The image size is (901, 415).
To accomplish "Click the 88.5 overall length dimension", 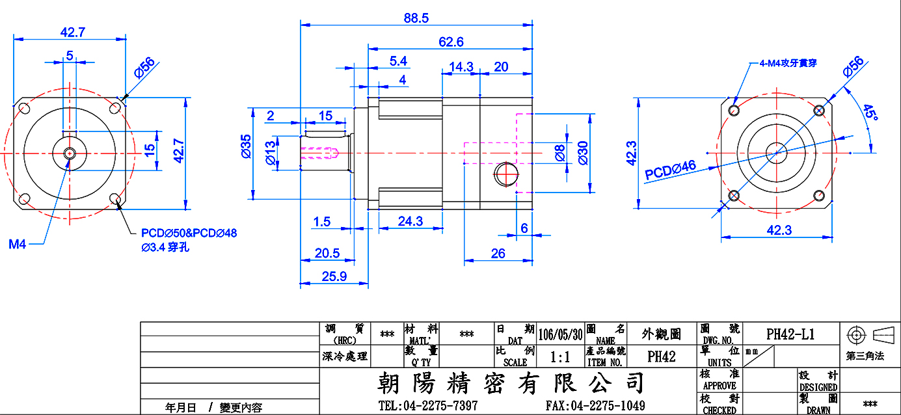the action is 416,18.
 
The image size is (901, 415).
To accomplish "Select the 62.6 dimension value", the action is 451,42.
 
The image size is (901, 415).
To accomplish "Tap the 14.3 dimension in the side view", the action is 461,67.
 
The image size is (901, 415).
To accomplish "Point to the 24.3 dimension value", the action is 410,221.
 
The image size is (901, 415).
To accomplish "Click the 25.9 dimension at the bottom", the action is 334,276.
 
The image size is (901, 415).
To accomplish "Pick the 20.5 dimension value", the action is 327,253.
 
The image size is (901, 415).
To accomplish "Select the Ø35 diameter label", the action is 246,146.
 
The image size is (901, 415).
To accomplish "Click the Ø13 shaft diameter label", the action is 271,154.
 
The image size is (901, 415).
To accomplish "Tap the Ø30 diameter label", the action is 583,153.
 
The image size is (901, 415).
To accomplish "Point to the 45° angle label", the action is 870,112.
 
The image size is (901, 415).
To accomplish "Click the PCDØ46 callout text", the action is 670,170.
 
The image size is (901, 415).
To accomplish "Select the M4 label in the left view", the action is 18,244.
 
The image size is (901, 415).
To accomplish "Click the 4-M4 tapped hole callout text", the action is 788,63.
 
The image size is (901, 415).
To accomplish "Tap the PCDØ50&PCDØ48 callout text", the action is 189,233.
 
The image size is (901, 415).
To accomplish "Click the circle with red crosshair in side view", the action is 506,174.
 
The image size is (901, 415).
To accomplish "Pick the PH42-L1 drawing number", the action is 790,334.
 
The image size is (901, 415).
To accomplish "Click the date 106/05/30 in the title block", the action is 560,334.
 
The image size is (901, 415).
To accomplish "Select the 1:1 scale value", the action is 560,356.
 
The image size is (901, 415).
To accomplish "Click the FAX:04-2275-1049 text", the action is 595,405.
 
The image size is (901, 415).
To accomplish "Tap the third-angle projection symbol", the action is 870,335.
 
